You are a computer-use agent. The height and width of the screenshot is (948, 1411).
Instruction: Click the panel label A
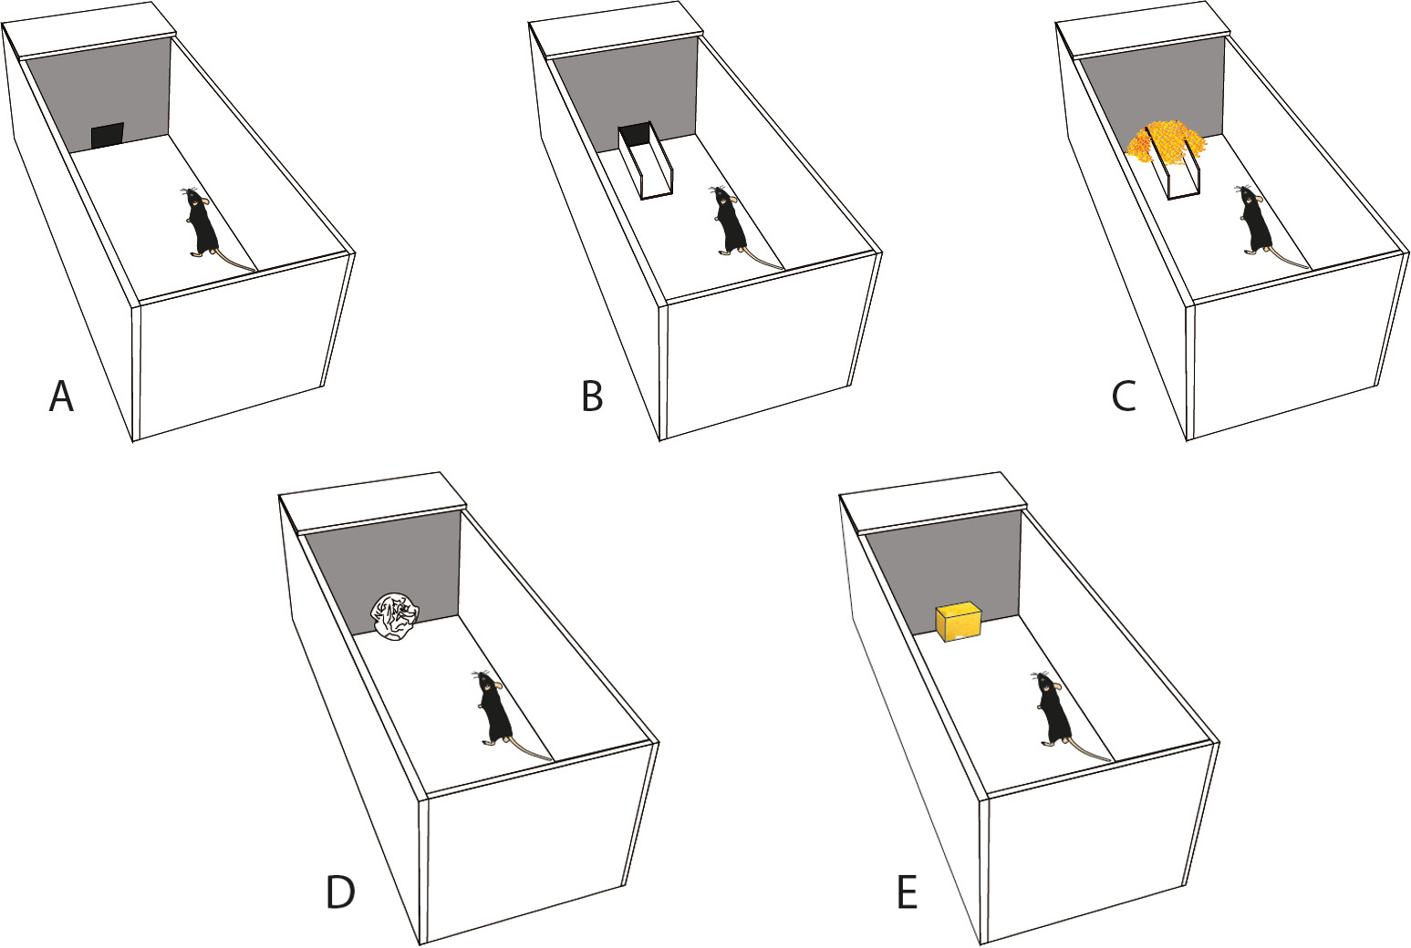(x=61, y=397)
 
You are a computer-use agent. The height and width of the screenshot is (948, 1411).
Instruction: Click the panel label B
(x=592, y=397)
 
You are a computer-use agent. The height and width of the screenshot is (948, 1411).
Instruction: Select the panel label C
(x=1123, y=397)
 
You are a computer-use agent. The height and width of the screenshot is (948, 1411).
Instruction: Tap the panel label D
(x=340, y=893)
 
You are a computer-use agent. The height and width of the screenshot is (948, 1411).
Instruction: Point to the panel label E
(x=907, y=893)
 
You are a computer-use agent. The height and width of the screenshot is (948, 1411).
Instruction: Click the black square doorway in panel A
(x=108, y=136)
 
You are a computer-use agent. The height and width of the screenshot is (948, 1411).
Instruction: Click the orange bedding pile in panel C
(x=1166, y=141)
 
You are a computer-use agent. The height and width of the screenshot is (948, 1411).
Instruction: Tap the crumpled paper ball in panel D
(x=395, y=615)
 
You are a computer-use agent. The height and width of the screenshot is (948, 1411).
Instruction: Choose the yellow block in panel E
(x=958, y=622)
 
